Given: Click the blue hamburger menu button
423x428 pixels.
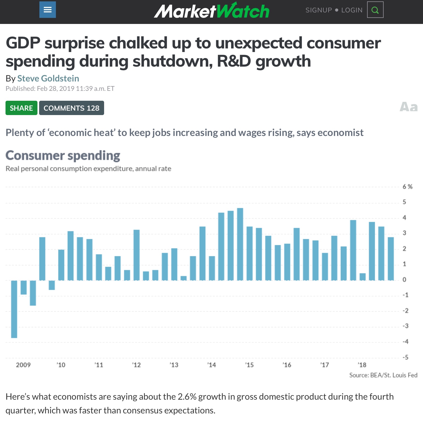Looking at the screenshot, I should click(48, 10).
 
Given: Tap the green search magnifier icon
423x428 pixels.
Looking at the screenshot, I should click(375, 10).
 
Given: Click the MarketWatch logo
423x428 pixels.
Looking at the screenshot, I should click(211, 11).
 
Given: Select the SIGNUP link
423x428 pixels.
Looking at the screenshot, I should click(319, 10).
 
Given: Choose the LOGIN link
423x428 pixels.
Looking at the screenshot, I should click(352, 10).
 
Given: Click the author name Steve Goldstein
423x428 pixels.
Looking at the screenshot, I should click(48, 78).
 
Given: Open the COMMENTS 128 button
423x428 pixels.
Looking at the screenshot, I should click(72, 108).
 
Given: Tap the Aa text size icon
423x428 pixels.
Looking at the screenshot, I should click(408, 107).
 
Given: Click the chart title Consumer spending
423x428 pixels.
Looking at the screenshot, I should click(63, 156).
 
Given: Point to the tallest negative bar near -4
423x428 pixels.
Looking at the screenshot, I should click(14, 309).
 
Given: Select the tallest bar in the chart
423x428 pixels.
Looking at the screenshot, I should click(240, 244).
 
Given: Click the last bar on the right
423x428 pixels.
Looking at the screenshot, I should click(391, 259).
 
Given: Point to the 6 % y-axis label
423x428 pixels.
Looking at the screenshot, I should click(407, 187).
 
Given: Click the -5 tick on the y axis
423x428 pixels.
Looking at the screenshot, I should click(405, 357).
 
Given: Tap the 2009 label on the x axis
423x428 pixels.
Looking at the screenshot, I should click(23, 365).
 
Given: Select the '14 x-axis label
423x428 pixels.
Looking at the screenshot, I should click(211, 365).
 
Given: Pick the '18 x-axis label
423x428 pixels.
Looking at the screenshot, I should click(362, 365).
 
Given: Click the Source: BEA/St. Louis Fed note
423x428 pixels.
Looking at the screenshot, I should click(383, 375).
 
